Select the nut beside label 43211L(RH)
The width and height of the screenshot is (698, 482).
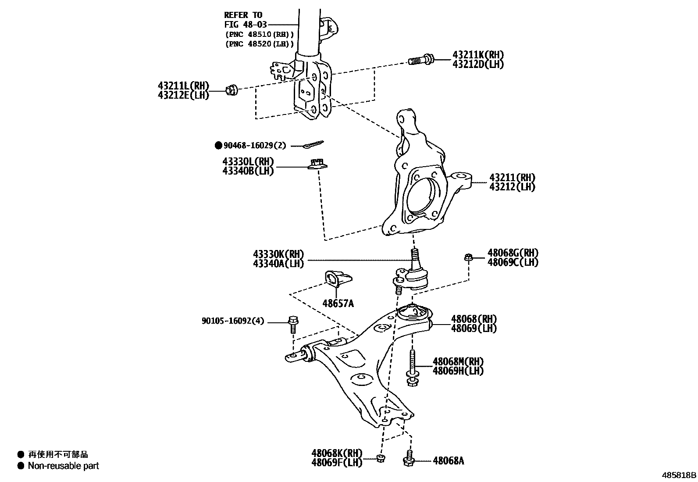point(231,90)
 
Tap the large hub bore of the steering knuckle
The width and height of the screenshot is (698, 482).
point(423,196)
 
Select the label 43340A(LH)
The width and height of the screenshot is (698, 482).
point(278,263)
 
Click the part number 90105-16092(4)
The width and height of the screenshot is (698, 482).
point(233,321)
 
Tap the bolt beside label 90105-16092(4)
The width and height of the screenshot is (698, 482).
point(292,324)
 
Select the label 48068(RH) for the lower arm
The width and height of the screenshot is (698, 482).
point(474,319)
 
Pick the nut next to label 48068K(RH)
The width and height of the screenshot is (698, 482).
point(381,458)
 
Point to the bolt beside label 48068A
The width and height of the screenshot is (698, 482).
point(408,459)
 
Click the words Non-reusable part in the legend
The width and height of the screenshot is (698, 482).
point(64,466)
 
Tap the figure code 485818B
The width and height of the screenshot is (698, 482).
point(679,475)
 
